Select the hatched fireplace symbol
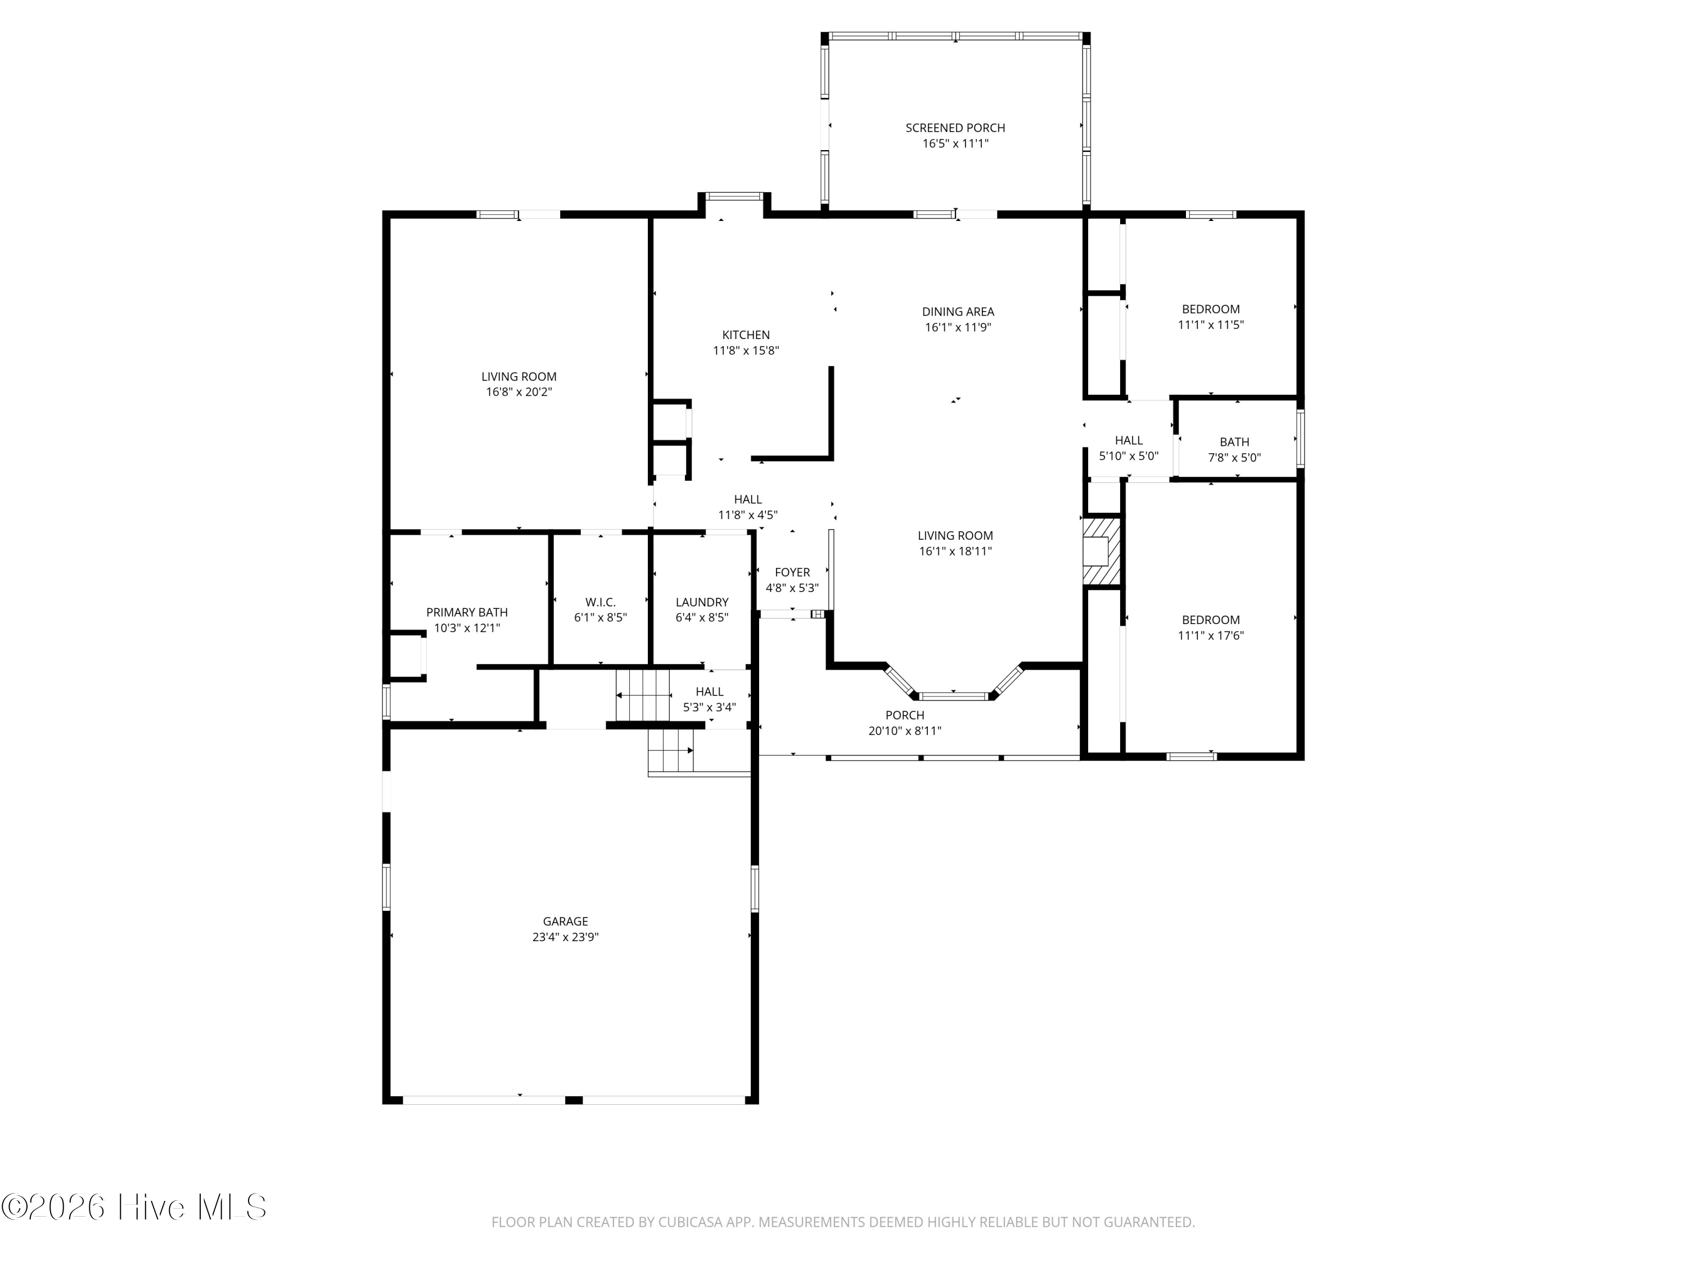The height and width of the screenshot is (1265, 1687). (1101, 552)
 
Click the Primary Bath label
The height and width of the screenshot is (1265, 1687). (467, 612)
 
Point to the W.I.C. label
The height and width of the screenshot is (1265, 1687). (600, 602)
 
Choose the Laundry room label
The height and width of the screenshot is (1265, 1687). (702, 602)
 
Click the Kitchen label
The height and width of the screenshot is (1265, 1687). (746, 335)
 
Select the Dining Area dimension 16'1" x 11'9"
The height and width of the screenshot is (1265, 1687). (958, 327)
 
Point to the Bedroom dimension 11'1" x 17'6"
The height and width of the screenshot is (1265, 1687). (1210, 635)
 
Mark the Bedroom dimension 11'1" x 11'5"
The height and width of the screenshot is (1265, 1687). (1210, 324)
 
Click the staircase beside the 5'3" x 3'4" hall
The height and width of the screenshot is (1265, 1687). (643, 695)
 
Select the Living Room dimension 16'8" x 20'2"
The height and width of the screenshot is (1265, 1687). (518, 392)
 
